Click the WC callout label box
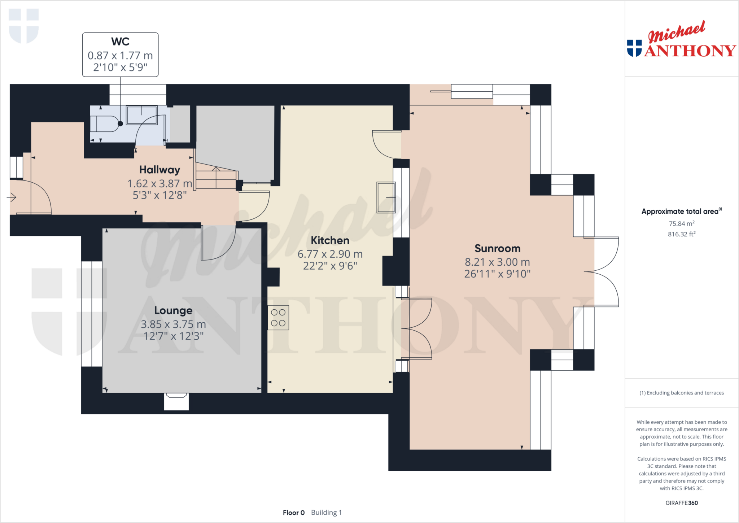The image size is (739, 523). click(x=120, y=55)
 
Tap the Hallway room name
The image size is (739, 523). click(x=159, y=170)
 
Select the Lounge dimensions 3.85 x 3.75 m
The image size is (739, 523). click(x=173, y=324)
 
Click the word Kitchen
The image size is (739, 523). click(x=330, y=240)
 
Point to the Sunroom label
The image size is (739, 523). click(x=497, y=248)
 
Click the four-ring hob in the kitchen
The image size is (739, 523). click(x=278, y=318)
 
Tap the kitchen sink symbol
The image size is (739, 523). click(x=386, y=197)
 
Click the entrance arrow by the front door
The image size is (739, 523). click(x=12, y=197)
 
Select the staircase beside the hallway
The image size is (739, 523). click(x=216, y=176)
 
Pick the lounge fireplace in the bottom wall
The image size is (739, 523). click(x=176, y=401)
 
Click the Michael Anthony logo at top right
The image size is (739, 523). click(x=681, y=40)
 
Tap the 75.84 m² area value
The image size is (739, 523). click(x=681, y=224)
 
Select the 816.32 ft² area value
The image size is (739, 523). click(x=681, y=234)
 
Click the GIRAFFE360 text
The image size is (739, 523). click(x=681, y=503)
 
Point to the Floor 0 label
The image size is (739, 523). click(x=294, y=513)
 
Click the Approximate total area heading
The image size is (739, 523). click(x=681, y=212)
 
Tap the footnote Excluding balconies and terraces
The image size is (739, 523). click(x=681, y=393)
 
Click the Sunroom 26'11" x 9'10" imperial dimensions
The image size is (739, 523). click(x=497, y=274)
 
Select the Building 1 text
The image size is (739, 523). click(x=326, y=513)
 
